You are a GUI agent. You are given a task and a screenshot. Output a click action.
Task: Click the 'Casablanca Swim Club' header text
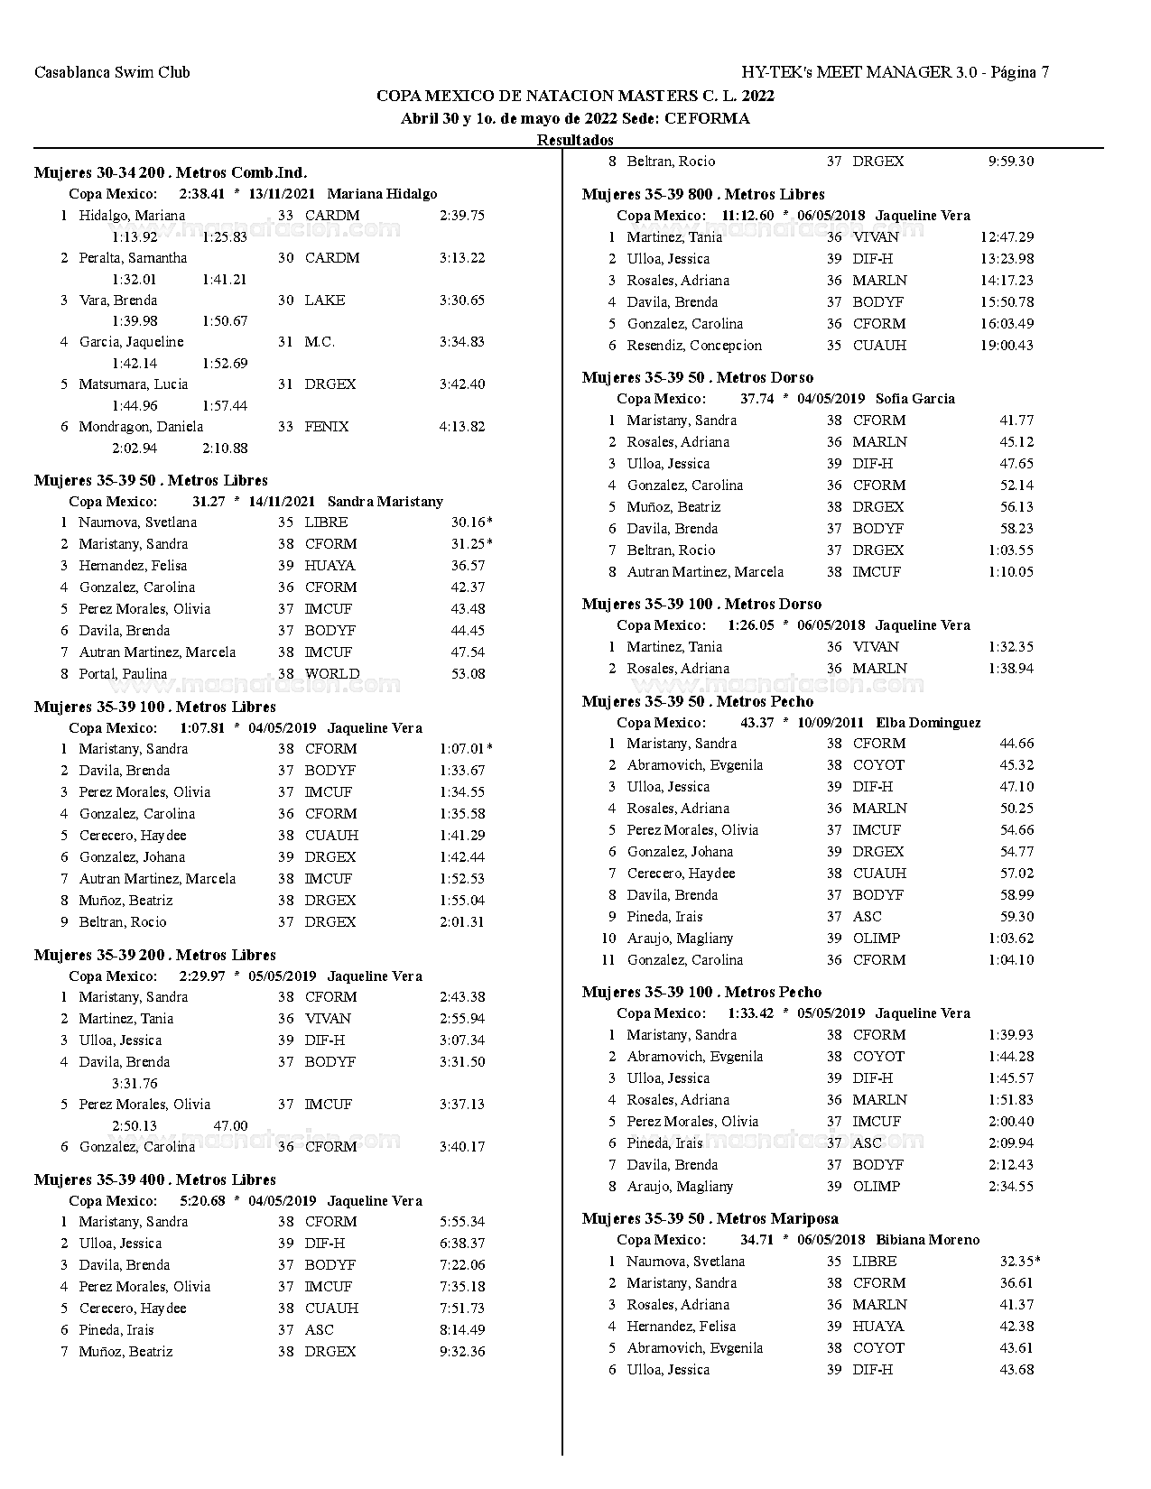pyautogui.click(x=112, y=72)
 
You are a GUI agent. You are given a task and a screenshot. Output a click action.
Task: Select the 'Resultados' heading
pyautogui.click(x=575, y=140)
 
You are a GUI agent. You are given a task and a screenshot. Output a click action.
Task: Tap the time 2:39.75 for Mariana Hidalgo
pyautogui.click(x=462, y=216)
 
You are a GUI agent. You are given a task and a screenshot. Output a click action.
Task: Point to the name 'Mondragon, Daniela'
pyautogui.click(x=141, y=427)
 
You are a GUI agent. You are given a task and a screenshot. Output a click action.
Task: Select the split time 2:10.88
pyautogui.click(x=225, y=448)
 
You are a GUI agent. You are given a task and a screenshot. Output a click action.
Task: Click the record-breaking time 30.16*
pyautogui.click(x=471, y=523)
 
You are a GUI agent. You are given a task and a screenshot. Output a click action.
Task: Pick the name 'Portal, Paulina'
pyautogui.click(x=123, y=674)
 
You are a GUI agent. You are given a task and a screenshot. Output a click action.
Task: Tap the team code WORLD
pyautogui.click(x=332, y=674)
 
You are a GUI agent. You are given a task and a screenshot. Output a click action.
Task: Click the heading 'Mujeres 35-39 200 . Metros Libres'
pyautogui.click(x=155, y=955)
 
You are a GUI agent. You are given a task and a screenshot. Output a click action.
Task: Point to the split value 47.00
pyautogui.click(x=230, y=1125)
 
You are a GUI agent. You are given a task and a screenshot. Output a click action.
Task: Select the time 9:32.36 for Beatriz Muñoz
pyautogui.click(x=462, y=1352)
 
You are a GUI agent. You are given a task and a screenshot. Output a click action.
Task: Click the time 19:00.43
pyautogui.click(x=1007, y=346)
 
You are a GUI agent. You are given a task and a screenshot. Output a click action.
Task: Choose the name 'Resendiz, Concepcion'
pyautogui.click(x=694, y=346)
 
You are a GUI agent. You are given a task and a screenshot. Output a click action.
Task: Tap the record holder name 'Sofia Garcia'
pyautogui.click(x=914, y=399)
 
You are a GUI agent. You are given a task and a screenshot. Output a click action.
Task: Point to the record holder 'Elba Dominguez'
pyautogui.click(x=928, y=723)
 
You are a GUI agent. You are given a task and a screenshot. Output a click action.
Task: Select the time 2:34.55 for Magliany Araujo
pyautogui.click(x=1011, y=1187)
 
